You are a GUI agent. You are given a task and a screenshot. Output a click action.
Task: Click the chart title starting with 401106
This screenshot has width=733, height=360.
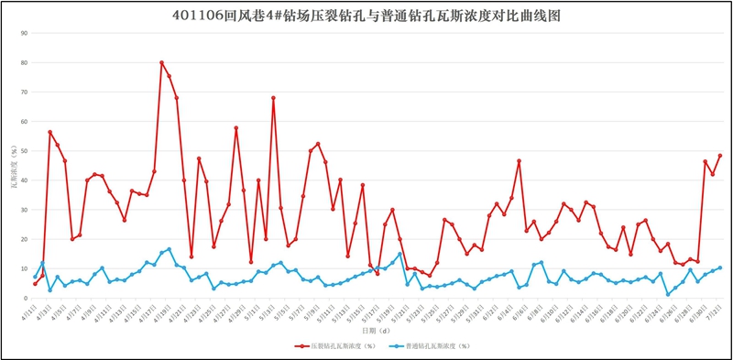366,16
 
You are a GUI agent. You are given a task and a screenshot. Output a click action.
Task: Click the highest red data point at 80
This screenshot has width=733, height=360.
161,62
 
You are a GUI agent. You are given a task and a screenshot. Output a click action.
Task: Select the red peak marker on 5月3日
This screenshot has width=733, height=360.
273,98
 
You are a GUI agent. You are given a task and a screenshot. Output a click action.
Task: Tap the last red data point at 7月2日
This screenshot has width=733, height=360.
720,156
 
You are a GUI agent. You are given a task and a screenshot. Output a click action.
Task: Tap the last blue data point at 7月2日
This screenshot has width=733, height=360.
720,267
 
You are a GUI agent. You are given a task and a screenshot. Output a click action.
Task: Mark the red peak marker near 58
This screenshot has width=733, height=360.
235,128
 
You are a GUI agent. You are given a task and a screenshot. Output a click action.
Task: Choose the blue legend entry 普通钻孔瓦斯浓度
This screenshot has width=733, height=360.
431,346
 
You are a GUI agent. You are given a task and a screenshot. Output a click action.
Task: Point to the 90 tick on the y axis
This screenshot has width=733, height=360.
25,33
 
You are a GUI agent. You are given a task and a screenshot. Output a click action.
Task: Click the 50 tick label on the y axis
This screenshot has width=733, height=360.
25,151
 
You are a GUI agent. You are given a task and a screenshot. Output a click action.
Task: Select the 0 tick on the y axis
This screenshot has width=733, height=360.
27,299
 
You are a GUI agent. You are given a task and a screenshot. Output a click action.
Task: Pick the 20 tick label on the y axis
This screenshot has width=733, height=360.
25,239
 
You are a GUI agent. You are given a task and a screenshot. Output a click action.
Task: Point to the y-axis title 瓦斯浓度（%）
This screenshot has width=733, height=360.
10,165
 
